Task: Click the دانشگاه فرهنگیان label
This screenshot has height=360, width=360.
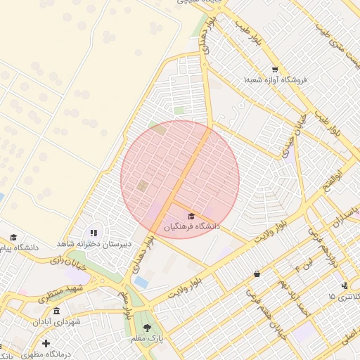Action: pos(192,226)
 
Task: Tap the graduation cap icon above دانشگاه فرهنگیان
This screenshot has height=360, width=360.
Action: pos(191,216)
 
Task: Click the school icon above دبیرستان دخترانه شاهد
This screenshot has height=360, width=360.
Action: pos(94,233)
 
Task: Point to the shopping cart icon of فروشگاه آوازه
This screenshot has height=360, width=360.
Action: pos(274,70)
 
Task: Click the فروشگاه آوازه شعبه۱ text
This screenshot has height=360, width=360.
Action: pos(276,80)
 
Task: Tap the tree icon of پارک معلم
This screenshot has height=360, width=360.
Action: pos(147,328)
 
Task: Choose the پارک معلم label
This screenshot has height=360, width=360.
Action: pos(147,339)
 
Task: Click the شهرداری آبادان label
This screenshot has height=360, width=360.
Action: pos(56,321)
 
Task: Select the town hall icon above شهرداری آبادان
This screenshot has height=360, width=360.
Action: pos(56,311)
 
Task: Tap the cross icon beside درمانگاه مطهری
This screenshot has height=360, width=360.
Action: pos(46,343)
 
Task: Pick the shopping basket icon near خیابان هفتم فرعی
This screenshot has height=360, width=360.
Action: pos(257,274)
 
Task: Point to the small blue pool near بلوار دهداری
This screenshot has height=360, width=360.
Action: pos(141,282)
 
